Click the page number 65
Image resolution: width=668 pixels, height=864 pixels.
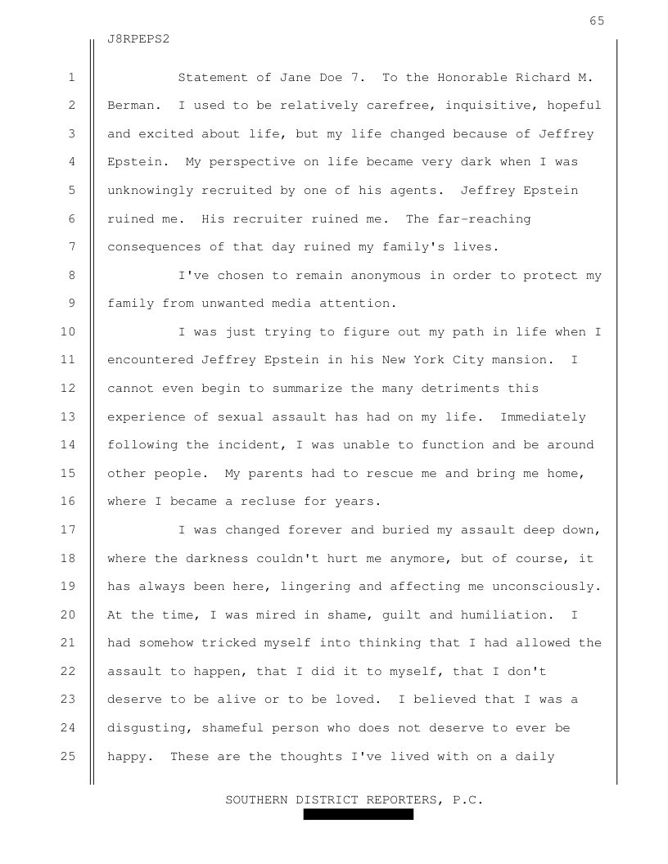[x=597, y=21]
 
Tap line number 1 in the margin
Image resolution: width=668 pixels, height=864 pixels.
[x=72, y=78]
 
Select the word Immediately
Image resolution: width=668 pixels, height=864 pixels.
[x=543, y=417]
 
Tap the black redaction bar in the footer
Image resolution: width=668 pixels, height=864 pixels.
[x=359, y=815]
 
